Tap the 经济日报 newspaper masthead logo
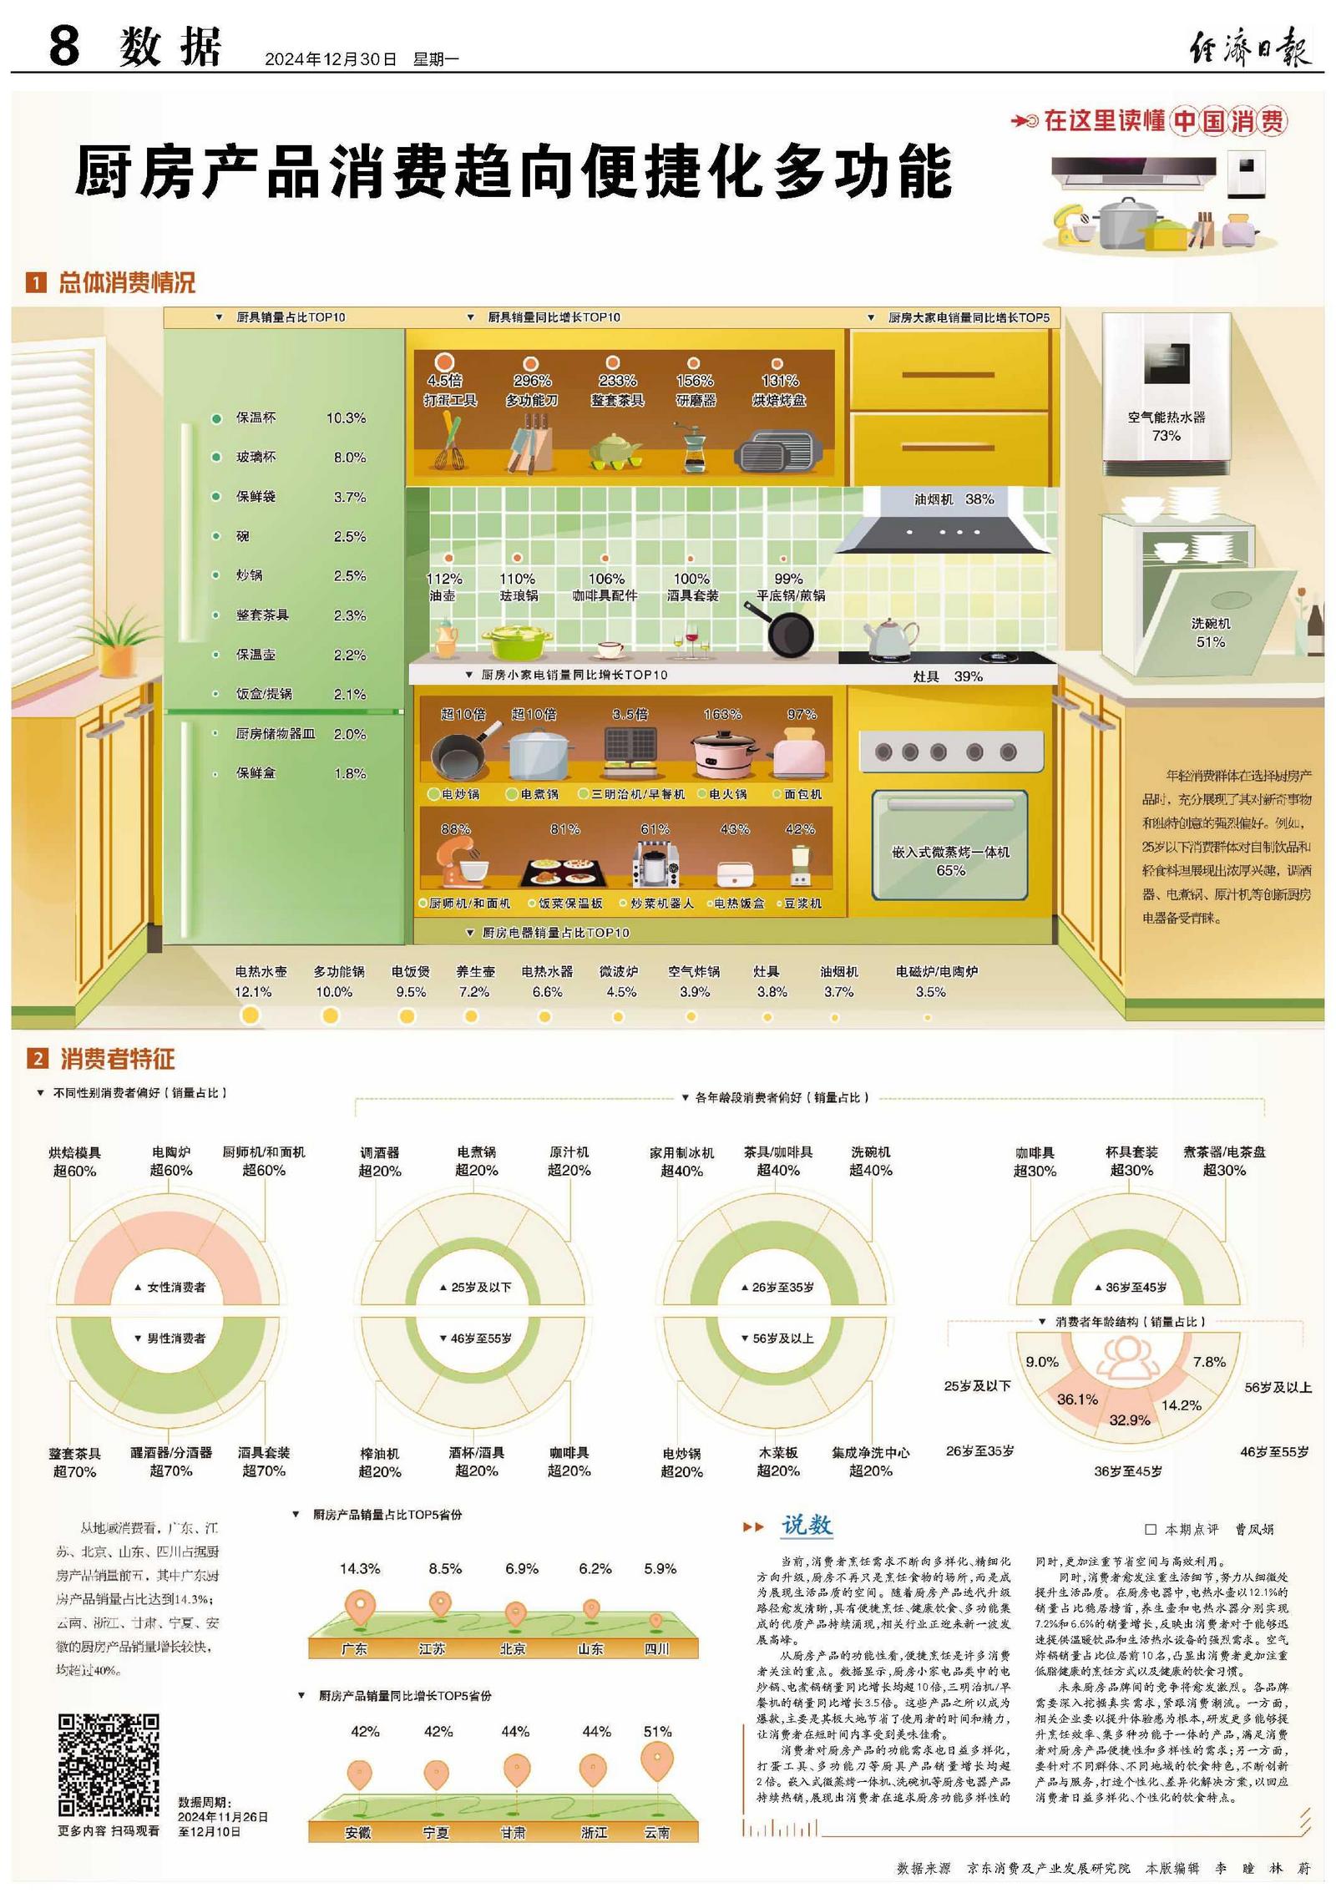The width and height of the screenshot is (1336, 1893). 1250,46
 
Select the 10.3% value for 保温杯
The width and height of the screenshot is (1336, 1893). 346,418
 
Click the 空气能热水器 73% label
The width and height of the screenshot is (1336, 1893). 1166,426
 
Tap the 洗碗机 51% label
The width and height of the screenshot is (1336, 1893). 1210,632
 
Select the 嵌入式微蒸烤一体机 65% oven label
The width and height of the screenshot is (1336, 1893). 950,861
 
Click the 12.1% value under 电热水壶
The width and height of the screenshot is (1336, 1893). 253,992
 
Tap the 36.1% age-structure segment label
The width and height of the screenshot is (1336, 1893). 1077,1400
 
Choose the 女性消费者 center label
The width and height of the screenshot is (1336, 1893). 172,1288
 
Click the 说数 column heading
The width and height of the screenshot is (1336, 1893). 806,1526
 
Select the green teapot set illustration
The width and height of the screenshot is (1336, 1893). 616,452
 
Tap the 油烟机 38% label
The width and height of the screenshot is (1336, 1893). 954,499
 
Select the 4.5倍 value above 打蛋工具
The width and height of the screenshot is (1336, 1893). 445,381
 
